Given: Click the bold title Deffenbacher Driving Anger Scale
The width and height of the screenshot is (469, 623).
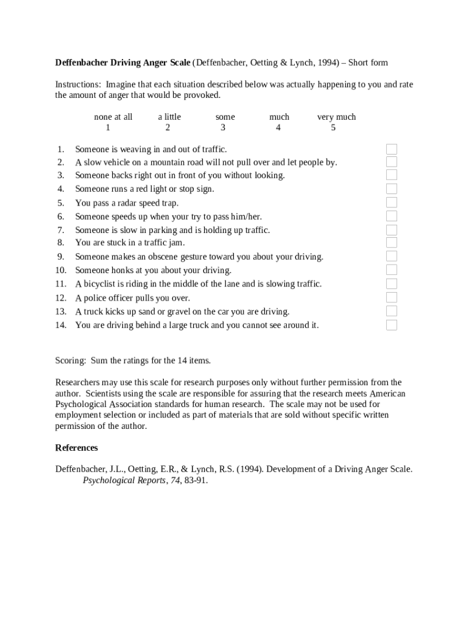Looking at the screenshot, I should (122, 63).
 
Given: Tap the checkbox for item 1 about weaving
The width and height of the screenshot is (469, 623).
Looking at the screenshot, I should (392, 149).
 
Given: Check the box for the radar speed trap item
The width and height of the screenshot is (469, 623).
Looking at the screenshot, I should (392, 203).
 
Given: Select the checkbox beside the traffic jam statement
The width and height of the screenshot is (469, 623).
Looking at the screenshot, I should (392, 243).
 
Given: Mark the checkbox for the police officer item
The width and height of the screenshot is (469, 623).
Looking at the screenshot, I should (392, 298).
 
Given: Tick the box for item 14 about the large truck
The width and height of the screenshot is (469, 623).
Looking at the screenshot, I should (392, 325).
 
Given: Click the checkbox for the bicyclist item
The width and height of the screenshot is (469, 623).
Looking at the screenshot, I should (392, 284).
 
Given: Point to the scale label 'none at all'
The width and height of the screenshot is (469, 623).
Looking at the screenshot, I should (113, 117).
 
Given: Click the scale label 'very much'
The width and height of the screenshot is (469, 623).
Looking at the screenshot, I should (336, 117).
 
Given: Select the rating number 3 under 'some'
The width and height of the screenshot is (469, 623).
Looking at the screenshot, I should (223, 128).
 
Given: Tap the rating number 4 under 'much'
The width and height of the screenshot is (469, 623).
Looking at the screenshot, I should (278, 128).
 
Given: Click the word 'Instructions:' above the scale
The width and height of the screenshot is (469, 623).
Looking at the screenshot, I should (78, 85).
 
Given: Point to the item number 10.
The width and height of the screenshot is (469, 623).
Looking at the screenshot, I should (60, 270).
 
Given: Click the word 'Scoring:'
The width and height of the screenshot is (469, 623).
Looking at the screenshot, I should (71, 360).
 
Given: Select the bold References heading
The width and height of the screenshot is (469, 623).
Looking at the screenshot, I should (76, 448).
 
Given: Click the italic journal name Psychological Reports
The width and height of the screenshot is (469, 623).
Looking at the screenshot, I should (124, 480).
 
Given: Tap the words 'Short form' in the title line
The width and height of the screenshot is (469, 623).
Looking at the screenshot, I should (368, 63).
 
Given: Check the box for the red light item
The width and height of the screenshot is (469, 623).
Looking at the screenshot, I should (392, 189).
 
